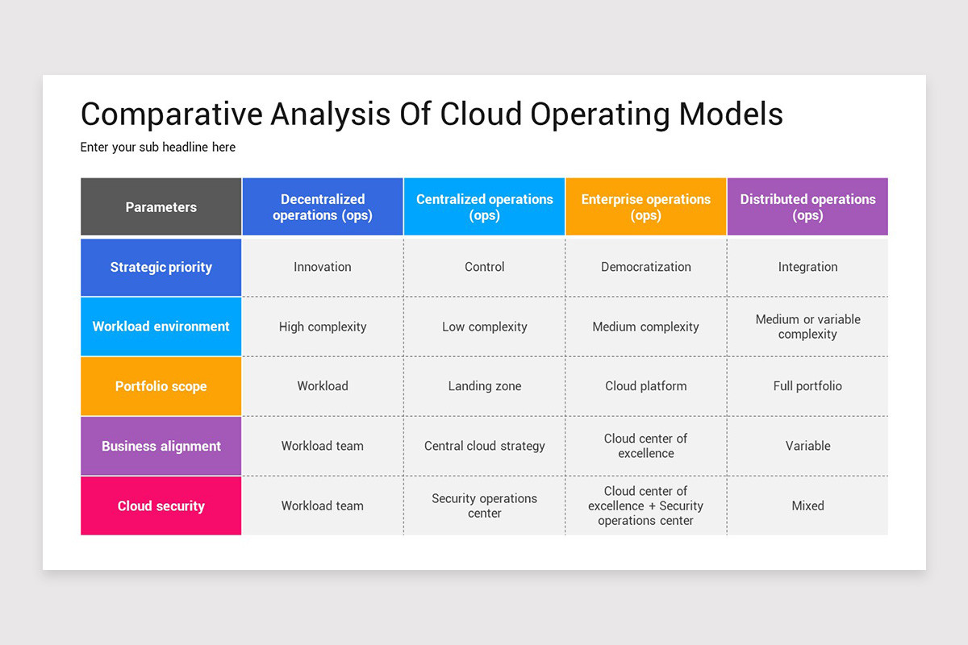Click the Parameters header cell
(161, 206)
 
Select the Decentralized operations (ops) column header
(323, 206)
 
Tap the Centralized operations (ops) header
(484, 206)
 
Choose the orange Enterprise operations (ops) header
(645, 206)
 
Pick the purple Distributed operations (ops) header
(807, 206)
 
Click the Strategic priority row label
(161, 268)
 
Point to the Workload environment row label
(161, 327)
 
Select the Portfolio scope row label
(161, 386)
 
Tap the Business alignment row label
(161, 446)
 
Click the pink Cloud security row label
(161, 506)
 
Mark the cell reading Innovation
(323, 267)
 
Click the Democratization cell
(645, 267)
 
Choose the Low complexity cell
(484, 327)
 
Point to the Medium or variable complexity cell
(807, 327)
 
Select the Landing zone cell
(484, 385)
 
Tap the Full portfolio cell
(807, 385)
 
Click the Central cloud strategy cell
(484, 446)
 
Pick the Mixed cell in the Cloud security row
(807, 506)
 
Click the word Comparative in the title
(172, 114)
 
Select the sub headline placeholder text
(158, 148)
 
